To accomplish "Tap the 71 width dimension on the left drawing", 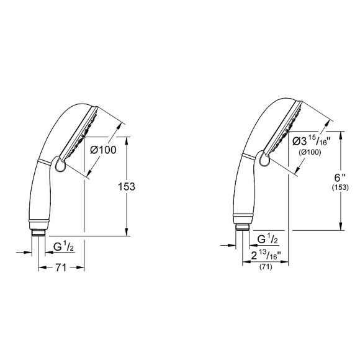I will pos(60,268).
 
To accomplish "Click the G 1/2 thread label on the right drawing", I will pos(268,240).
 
